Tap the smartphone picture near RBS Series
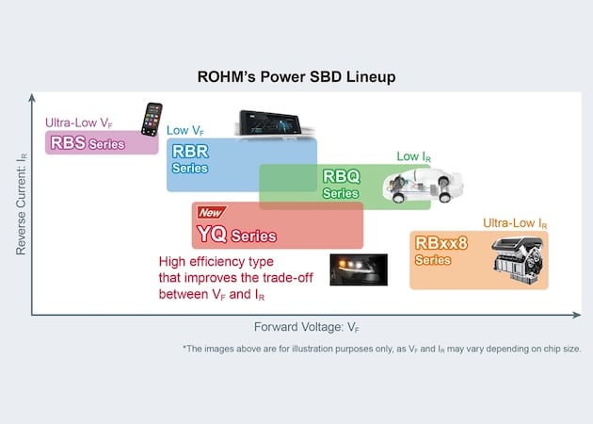(x=152, y=120)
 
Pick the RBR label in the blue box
(x=189, y=152)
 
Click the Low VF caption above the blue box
(x=185, y=130)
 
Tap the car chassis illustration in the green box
(x=420, y=186)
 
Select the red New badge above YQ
(x=210, y=214)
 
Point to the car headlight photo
(x=358, y=269)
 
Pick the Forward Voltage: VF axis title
(x=307, y=328)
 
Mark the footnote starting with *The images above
(x=381, y=349)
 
